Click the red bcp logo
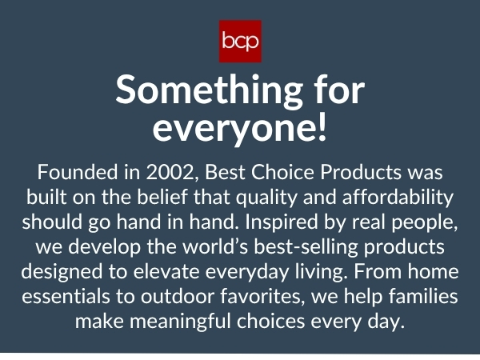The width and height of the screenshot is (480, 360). pos(240,41)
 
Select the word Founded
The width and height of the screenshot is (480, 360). pos(72,173)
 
